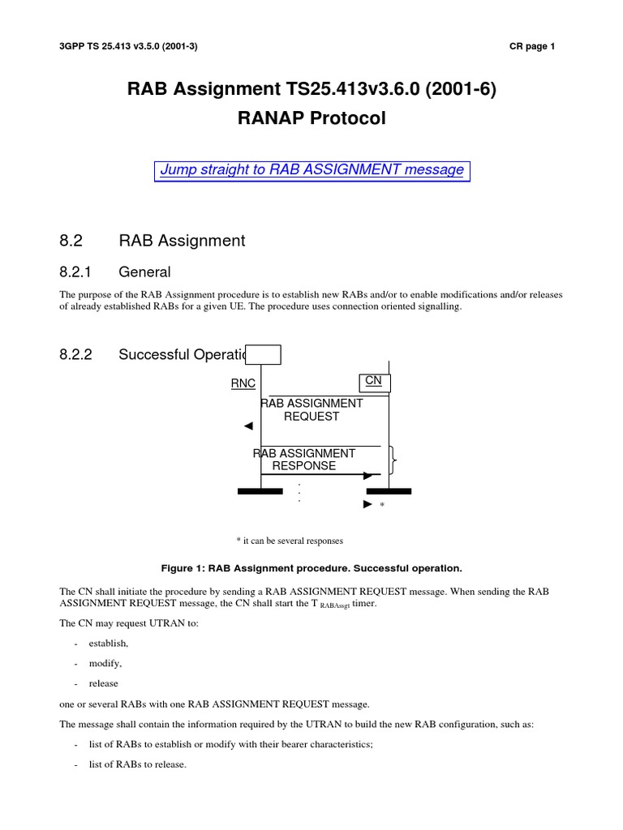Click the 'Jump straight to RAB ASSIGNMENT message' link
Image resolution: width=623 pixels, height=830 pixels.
pos(311,170)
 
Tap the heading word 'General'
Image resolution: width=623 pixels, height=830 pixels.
pos(144,272)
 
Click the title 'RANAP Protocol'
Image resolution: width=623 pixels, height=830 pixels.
pos(311,118)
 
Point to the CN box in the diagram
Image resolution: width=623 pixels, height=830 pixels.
pos(374,380)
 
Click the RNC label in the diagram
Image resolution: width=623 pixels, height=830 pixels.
pos(243,383)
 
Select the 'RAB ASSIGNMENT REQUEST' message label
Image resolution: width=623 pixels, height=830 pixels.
pos(311,409)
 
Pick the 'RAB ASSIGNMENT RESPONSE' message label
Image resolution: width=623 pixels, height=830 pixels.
pos(305,460)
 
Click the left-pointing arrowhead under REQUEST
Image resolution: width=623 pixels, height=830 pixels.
pos(248,426)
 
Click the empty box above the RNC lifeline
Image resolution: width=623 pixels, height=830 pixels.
pos(264,355)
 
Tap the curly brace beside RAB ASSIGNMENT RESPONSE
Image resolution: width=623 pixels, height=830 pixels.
pos(394,461)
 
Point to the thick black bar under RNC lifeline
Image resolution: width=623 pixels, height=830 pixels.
pos(260,491)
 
